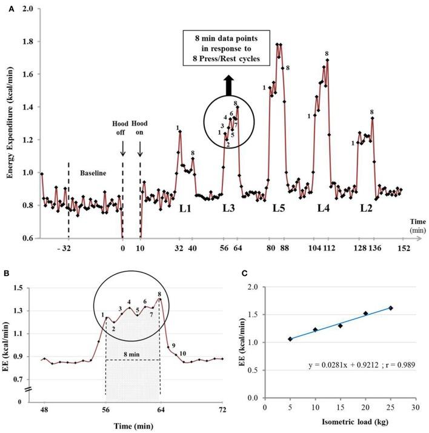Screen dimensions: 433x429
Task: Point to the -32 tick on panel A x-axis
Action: (x=68, y=249)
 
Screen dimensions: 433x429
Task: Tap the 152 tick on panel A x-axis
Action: (x=402, y=249)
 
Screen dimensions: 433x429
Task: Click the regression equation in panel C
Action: (x=361, y=366)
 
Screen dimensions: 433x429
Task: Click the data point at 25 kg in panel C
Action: (x=390, y=308)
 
